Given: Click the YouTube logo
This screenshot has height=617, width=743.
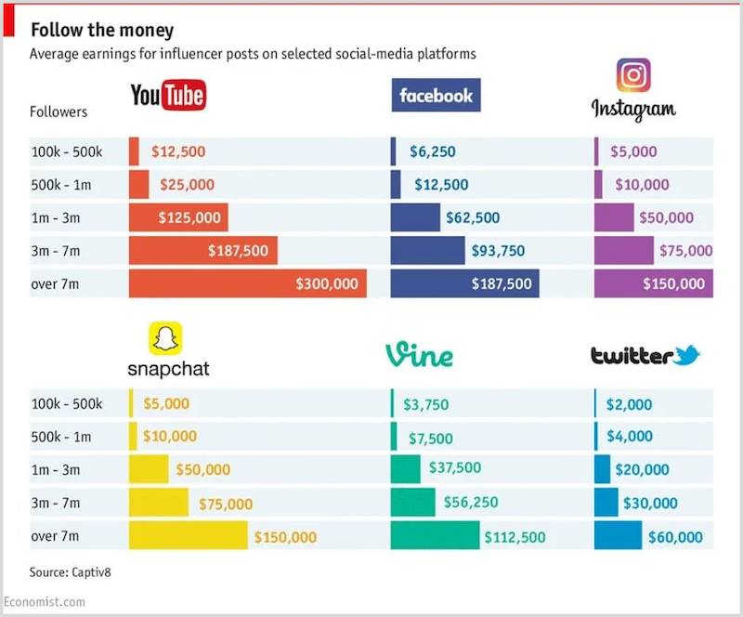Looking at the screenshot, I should click(x=167, y=96).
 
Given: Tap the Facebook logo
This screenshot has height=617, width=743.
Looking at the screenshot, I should click(x=436, y=95).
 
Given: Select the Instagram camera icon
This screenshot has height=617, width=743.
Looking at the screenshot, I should click(x=633, y=75).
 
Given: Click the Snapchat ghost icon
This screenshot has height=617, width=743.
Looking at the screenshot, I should click(x=167, y=338).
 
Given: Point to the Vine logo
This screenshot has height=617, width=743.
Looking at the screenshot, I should click(x=419, y=354).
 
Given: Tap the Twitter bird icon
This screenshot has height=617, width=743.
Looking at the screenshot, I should click(x=687, y=355).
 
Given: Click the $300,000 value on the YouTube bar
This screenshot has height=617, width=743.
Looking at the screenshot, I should click(x=326, y=283).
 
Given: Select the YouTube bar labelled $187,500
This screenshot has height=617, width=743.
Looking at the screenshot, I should click(x=202, y=251).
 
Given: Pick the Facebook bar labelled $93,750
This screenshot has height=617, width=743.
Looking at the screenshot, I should click(x=427, y=251).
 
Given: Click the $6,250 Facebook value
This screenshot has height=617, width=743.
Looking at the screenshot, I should click(x=432, y=151).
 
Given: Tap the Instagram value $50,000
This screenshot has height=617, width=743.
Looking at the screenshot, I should click(x=666, y=218).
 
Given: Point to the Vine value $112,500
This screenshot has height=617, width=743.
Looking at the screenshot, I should click(x=515, y=537).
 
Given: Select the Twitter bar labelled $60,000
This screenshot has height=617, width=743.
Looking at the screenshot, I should click(x=618, y=536).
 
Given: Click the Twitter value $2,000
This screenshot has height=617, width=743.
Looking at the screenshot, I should click(x=629, y=404).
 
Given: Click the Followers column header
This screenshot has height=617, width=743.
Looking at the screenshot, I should click(x=59, y=112).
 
